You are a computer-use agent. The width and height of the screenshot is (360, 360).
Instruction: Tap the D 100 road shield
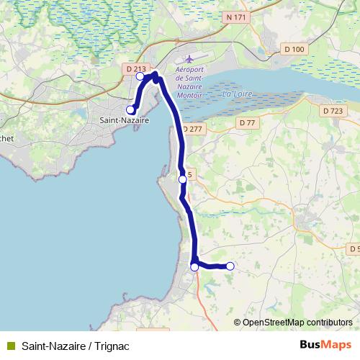[x=294, y=49]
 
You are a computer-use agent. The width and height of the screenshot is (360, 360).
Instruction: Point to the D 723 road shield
[x=333, y=111]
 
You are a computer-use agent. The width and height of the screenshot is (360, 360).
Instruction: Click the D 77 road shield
[x=247, y=123]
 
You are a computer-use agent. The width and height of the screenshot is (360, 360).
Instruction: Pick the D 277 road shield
[x=193, y=129]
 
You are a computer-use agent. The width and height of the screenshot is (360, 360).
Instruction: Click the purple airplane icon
[x=189, y=58]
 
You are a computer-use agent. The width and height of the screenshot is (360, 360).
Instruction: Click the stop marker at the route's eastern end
[x=230, y=266]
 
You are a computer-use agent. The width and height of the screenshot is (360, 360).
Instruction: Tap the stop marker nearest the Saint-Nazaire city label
[x=130, y=109]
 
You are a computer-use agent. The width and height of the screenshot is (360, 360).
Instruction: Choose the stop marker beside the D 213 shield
[x=140, y=76]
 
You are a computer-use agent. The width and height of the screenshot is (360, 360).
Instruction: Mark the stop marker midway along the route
[x=182, y=179]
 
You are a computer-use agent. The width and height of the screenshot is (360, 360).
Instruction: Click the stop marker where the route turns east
[x=194, y=267]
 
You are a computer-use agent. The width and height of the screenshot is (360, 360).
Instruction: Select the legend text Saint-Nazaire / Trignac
[x=71, y=345]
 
